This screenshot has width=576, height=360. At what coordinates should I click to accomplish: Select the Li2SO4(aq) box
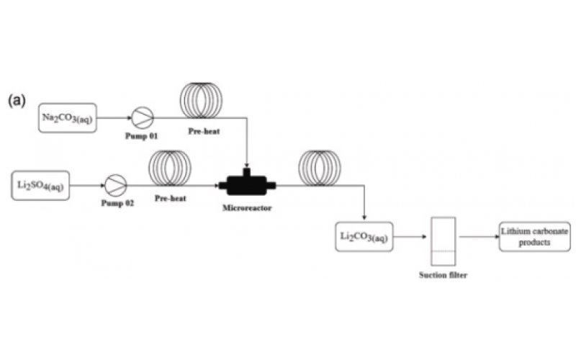click(41, 185)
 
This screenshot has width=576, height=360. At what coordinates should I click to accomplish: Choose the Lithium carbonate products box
click(533, 237)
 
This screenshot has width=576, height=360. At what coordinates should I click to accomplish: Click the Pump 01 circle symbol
click(142, 117)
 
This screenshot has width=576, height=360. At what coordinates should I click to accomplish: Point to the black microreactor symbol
click(247, 184)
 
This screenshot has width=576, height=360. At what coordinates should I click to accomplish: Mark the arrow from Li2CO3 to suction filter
click(409, 237)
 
